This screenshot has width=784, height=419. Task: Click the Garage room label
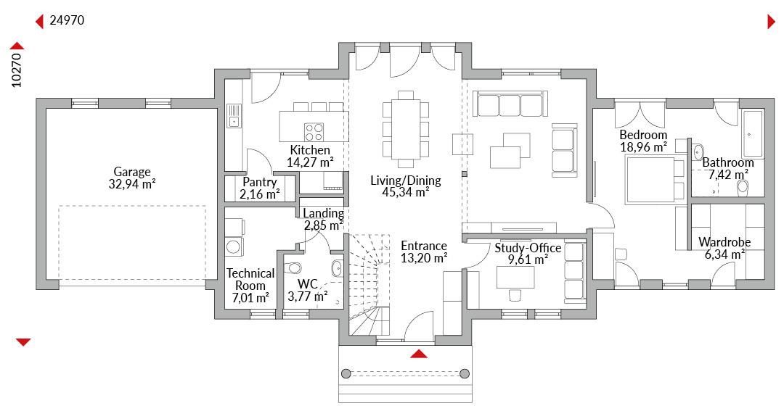[132, 172]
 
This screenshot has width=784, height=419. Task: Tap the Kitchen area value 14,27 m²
[310, 162]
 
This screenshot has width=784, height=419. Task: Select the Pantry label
[259, 182]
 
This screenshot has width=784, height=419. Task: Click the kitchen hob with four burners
[314, 132]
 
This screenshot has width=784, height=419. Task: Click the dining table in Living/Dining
[406, 129]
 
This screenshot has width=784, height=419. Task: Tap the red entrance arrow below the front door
[419, 354]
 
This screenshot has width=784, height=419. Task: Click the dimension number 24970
[67, 20]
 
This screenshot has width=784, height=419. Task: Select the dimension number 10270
[17, 70]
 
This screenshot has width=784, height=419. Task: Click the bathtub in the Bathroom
[752, 134]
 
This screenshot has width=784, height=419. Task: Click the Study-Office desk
[515, 277]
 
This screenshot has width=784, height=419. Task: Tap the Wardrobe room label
[724, 242]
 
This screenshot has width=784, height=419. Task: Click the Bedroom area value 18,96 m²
[643, 147]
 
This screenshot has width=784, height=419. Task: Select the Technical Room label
[250, 280]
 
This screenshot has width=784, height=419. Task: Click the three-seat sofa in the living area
[510, 104]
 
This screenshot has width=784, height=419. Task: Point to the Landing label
[323, 213]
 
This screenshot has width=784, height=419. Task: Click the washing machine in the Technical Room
[234, 246]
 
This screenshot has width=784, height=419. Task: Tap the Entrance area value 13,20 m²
[424, 258]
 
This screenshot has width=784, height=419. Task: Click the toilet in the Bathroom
[743, 186]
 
